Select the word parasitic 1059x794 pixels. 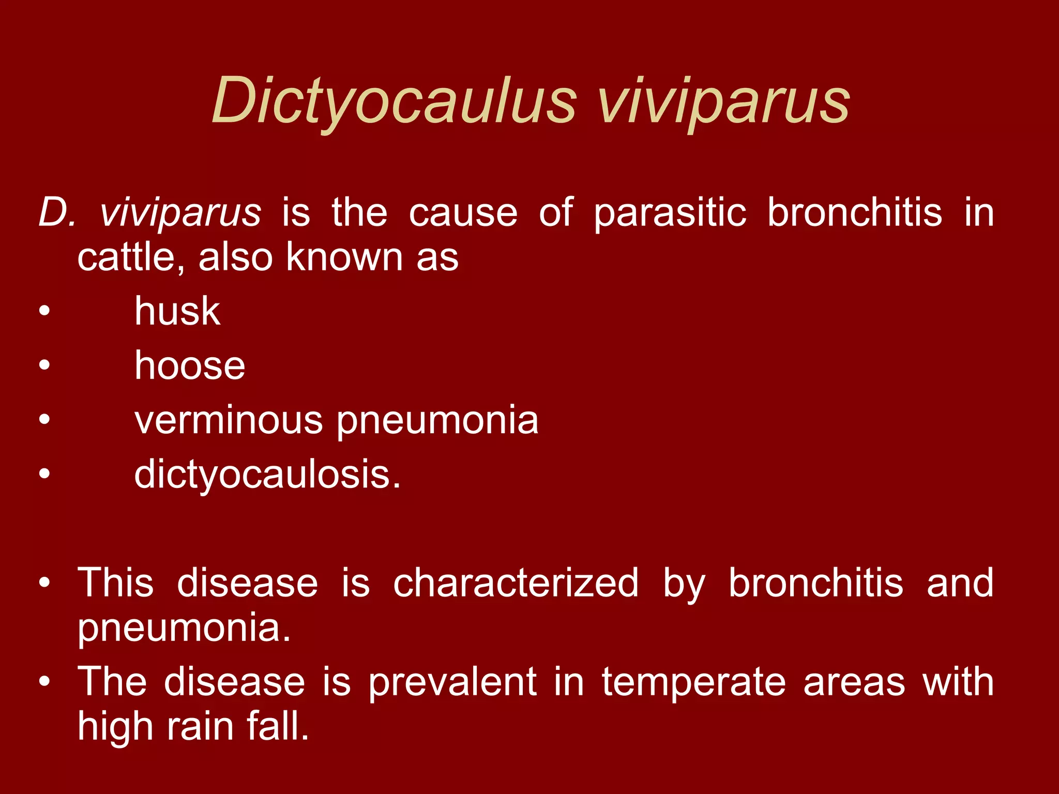point(670,213)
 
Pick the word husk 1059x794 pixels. point(177,311)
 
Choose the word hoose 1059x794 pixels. point(190,365)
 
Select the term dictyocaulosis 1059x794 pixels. point(266,475)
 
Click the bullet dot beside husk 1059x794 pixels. point(44,311)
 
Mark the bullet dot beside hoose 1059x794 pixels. point(44,365)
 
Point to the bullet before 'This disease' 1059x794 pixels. point(44,583)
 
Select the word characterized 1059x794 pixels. point(516,583)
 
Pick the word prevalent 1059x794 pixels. point(452,682)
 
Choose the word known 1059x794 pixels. point(344,257)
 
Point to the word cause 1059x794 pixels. point(463,213)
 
